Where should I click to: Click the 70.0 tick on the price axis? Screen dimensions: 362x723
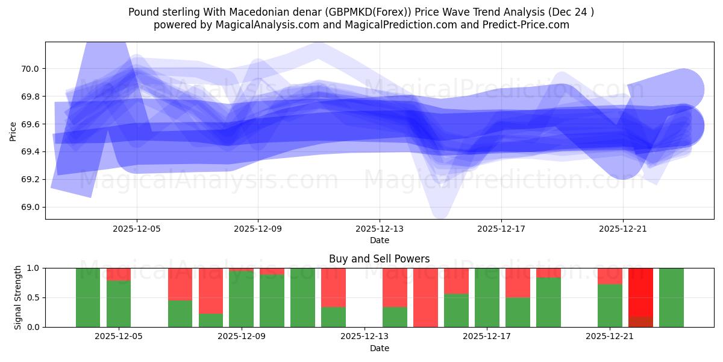point(30,69)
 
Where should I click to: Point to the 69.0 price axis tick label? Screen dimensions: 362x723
point(30,207)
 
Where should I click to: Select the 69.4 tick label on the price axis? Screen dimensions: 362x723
point(30,151)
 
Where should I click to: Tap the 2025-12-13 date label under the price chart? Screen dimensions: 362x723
point(380,229)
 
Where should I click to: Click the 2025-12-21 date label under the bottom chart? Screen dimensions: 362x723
point(610,337)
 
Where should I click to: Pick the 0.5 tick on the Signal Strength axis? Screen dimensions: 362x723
point(33,297)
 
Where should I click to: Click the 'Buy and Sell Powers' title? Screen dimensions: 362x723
point(380,259)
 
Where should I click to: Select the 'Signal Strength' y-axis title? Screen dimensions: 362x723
point(18,297)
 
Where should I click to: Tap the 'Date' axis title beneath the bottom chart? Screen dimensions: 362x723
point(380,348)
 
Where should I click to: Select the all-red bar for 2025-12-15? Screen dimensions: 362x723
point(425,297)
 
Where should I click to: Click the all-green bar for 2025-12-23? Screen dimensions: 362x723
point(671,297)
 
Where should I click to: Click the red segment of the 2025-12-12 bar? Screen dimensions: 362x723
point(333,287)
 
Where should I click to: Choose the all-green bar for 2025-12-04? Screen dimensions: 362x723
point(88,297)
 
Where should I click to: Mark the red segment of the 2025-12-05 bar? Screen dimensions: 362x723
point(119,275)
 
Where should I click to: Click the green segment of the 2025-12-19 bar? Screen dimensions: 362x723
point(548,302)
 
